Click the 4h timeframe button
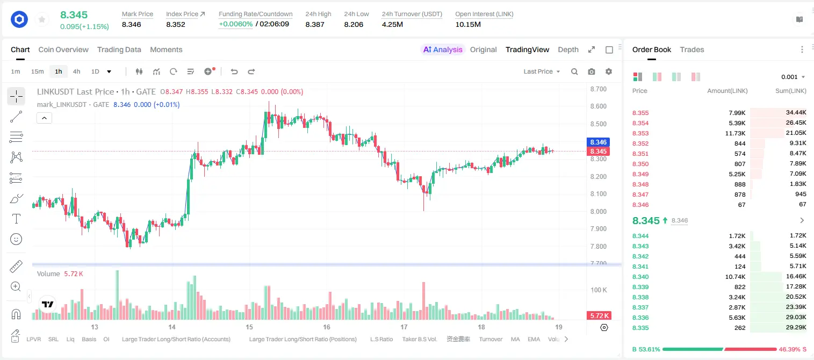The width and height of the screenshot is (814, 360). (x=76, y=71)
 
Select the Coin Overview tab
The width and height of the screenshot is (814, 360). (x=63, y=49)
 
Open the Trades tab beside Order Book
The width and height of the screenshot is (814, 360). (x=691, y=49)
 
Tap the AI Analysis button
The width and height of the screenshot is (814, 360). (x=443, y=49)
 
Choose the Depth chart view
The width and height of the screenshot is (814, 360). (x=568, y=49)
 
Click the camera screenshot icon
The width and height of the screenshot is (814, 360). (x=591, y=71)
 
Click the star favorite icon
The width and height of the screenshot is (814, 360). (x=42, y=19)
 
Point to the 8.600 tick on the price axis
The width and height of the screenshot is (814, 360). (x=598, y=106)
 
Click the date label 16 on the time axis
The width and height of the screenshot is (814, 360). (x=326, y=327)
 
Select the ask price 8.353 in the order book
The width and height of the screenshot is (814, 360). (x=640, y=133)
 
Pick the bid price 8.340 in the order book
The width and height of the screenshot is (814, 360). (x=640, y=277)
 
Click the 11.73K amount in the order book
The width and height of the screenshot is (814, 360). (x=735, y=133)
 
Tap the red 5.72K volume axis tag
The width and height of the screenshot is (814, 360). (x=599, y=316)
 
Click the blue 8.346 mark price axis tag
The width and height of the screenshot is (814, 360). (x=598, y=142)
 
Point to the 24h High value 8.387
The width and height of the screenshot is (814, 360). (x=315, y=24)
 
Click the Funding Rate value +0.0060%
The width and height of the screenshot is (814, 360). (x=235, y=24)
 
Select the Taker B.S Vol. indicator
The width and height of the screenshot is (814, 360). (x=419, y=339)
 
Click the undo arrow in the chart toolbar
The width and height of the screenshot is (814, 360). (x=234, y=71)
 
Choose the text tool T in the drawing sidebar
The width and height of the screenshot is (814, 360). (x=16, y=219)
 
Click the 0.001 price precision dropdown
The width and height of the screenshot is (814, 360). (x=793, y=77)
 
